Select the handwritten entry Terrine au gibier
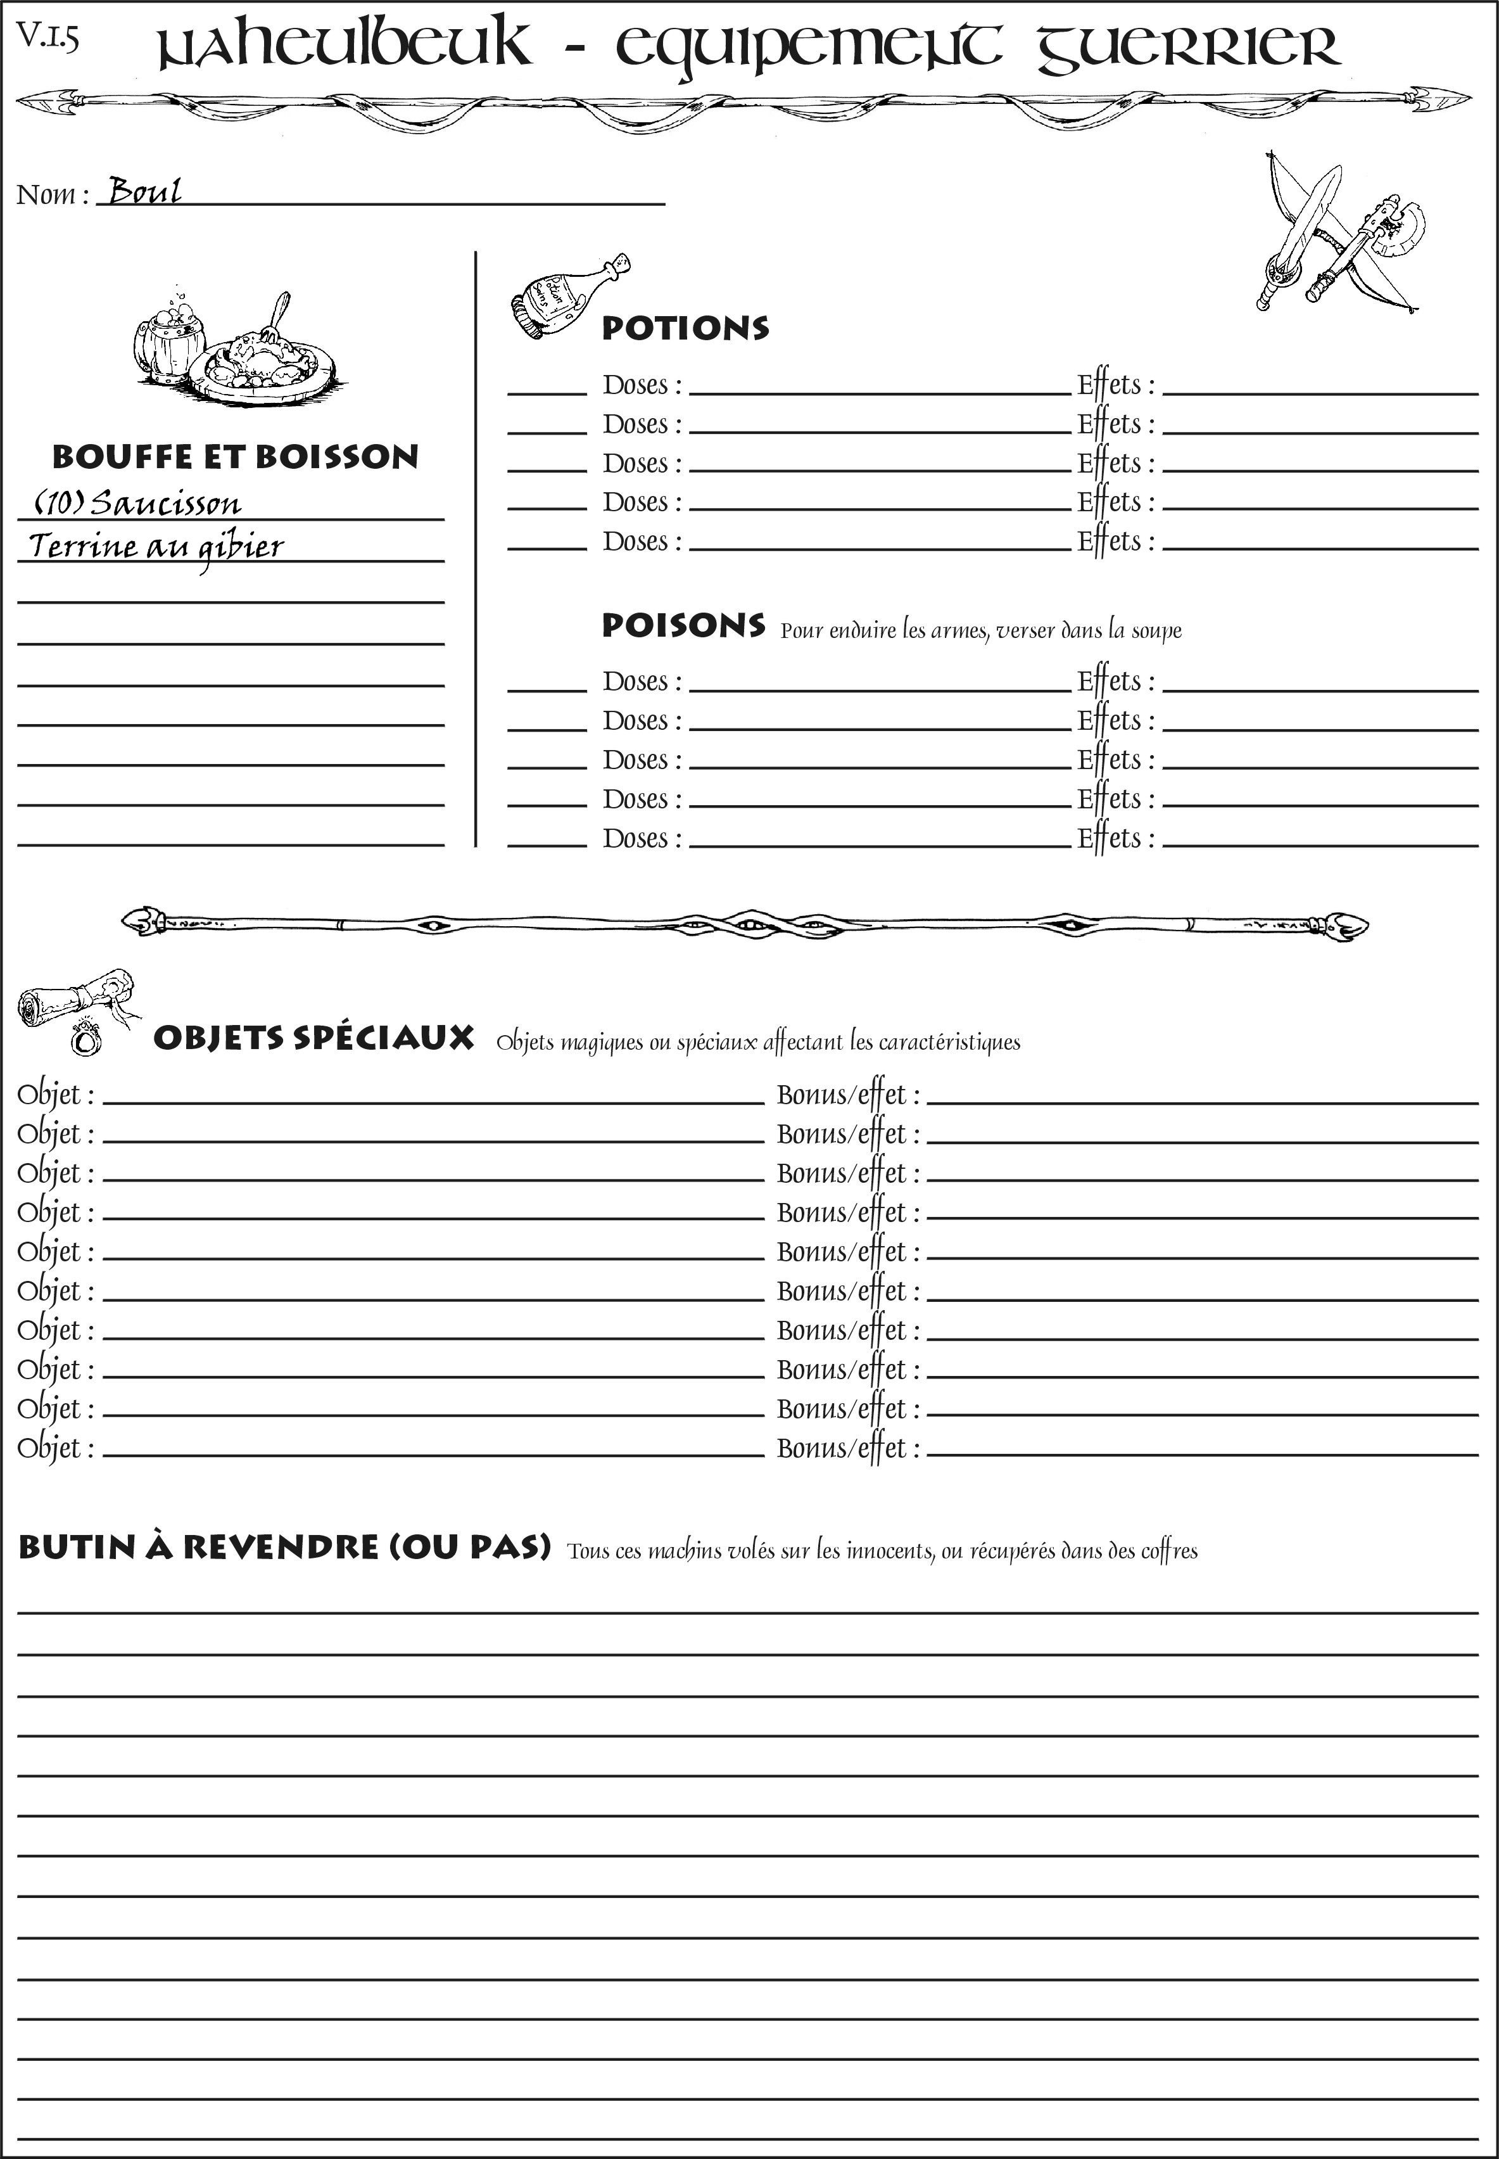tap(156, 547)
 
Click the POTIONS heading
tap(685, 328)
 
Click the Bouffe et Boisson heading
tap(235, 457)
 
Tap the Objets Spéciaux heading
tap(313, 1038)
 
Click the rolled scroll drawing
tap(70, 998)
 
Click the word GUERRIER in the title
tap(1187, 49)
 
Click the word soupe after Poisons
tap(1156, 630)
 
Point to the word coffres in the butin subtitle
tap(1168, 1551)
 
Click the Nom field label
tap(52, 194)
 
